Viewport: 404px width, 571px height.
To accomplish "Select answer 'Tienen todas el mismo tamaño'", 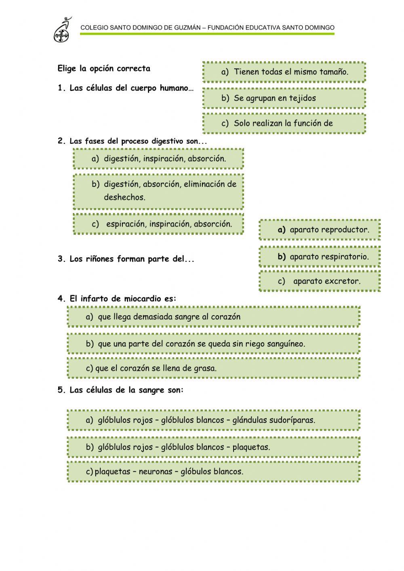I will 284,72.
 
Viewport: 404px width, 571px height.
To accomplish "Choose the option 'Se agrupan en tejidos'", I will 284,98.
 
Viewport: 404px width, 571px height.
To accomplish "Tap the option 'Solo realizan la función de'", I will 284,123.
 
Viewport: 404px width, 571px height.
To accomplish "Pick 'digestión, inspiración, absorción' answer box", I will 158,158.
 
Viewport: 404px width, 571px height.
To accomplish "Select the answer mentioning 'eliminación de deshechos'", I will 158,191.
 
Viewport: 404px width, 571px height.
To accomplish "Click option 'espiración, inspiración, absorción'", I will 158,224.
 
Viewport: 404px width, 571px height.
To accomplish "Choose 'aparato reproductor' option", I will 320,230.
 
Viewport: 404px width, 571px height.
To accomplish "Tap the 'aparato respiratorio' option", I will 320,257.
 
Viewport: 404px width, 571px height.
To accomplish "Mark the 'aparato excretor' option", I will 320,281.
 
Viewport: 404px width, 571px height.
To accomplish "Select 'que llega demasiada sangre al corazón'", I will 213,317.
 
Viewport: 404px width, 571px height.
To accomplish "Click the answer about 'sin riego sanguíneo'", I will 213,344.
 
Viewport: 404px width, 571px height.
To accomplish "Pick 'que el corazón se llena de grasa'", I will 213,368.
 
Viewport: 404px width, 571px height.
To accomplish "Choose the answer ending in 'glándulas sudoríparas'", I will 213,420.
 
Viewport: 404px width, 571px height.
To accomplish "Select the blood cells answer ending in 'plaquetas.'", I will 213,447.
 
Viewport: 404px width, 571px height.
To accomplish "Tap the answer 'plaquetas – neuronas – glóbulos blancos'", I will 213,471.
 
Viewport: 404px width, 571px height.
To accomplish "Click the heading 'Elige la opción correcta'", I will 104,69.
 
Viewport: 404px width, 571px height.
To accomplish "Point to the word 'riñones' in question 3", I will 99,259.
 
